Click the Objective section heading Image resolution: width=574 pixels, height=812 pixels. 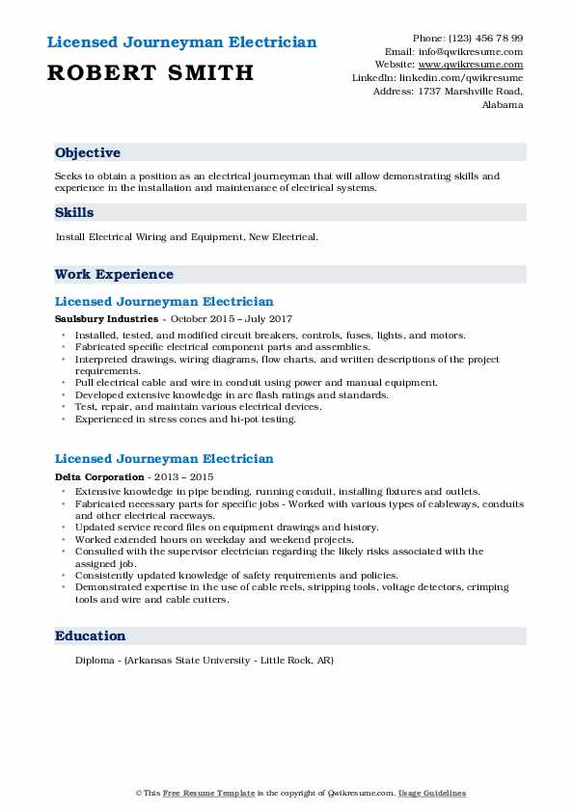[88, 152]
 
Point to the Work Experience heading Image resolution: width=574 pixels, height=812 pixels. [114, 274]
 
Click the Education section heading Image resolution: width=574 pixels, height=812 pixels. [91, 636]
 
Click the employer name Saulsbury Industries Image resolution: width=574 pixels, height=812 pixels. [105, 318]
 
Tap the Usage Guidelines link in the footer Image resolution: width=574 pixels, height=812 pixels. [433, 793]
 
